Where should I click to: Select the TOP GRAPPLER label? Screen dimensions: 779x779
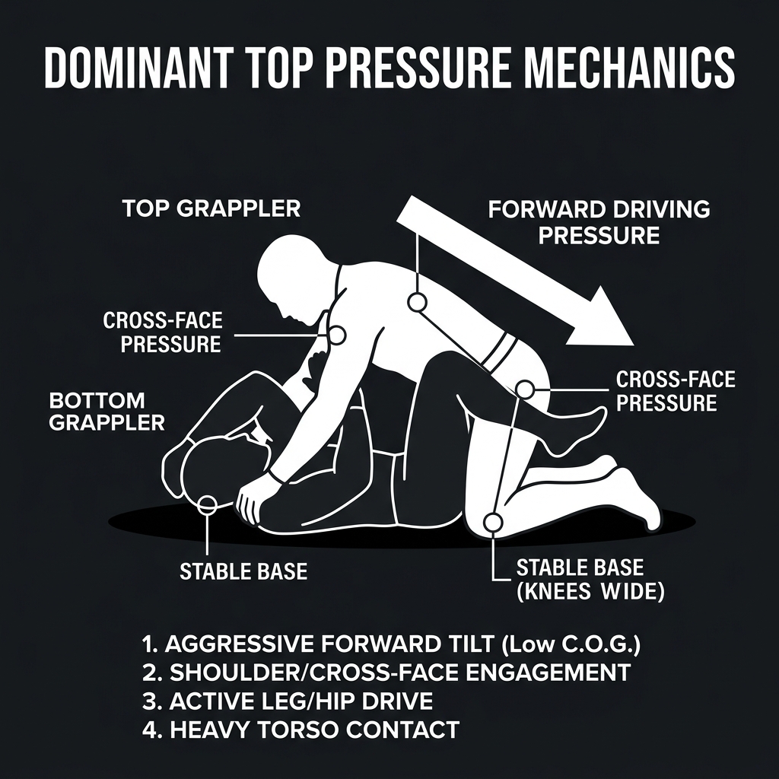point(211,208)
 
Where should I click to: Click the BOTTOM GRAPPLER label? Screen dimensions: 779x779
point(107,411)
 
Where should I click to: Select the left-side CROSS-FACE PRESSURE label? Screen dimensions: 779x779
point(162,332)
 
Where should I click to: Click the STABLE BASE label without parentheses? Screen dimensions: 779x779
point(243,571)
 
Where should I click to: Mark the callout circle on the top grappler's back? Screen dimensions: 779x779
point(416,302)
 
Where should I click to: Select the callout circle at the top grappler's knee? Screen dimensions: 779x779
point(493,522)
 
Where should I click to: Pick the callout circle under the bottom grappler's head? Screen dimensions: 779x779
point(206,501)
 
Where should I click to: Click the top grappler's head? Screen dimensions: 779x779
point(293,274)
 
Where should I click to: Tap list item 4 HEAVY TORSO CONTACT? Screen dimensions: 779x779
point(300,730)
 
